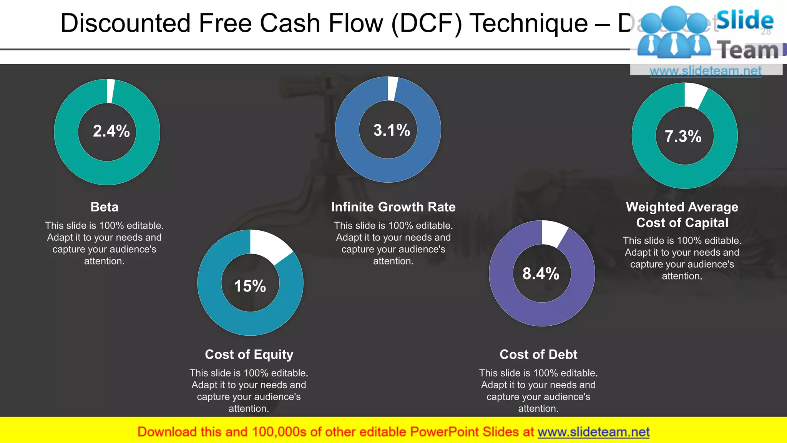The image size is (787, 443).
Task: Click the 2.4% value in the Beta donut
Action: tap(111, 131)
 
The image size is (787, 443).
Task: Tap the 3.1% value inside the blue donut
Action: tap(392, 130)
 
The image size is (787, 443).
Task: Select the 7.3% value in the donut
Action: tap(683, 137)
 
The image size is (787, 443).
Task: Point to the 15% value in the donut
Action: tap(250, 286)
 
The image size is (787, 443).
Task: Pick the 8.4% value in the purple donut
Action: tap(541, 274)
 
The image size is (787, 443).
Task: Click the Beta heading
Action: tap(105, 207)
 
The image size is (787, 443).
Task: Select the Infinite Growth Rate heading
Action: tap(393, 207)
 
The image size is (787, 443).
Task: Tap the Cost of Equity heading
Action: tap(249, 354)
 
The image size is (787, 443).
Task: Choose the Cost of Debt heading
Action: tap(538, 354)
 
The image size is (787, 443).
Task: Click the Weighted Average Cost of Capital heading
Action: tap(682, 215)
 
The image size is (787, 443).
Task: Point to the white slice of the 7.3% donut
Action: tap(695, 95)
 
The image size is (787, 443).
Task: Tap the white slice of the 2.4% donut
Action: tap(110, 91)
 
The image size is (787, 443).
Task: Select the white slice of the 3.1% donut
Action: tap(392, 88)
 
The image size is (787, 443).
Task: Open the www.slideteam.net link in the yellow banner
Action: tap(593, 432)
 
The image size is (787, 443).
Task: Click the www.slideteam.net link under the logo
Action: tap(706, 71)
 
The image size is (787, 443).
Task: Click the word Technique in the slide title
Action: tap(528, 23)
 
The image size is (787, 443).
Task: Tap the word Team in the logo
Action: tap(748, 50)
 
